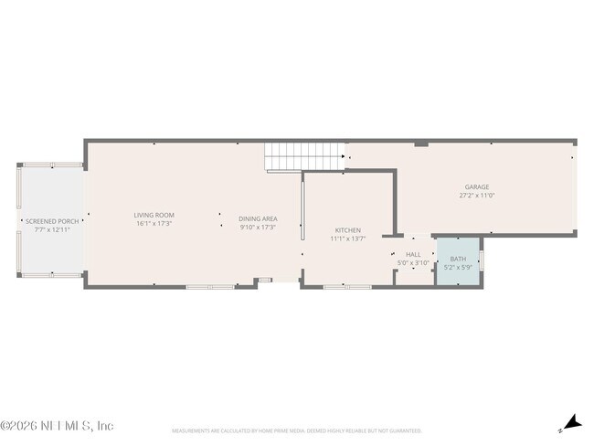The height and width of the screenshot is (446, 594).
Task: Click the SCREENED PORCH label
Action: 52,221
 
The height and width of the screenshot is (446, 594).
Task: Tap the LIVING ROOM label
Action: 154,215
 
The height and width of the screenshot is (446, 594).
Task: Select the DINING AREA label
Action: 257,218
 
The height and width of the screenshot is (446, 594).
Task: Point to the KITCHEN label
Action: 347,229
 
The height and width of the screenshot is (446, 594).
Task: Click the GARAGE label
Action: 476,186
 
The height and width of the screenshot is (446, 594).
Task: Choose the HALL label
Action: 413,255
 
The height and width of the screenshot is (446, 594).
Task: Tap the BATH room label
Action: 457,259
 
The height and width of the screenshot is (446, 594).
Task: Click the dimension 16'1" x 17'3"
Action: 154,223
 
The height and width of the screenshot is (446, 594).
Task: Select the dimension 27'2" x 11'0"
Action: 476,195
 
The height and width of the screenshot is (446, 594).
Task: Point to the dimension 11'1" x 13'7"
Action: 347,239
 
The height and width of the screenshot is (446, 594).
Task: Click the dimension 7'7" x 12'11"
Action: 52,229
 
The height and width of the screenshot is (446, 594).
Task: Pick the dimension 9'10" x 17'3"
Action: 257,227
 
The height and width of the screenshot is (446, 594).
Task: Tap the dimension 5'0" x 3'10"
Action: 413,263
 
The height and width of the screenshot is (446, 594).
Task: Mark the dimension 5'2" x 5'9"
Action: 457,268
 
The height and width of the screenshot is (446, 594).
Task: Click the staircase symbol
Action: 282,157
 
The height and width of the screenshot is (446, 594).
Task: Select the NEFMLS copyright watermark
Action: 57,426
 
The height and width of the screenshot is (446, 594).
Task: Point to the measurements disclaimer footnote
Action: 297,430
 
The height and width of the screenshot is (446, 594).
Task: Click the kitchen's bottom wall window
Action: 347,287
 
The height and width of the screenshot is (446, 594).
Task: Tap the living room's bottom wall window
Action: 210,287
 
